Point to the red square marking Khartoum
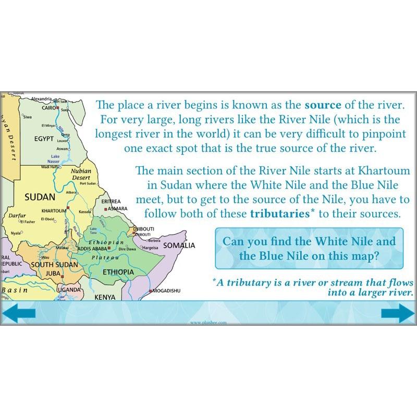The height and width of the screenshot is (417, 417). click(x=66, y=210)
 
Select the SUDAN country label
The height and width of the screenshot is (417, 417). click(x=40, y=197)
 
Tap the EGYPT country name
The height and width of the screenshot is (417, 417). click(x=44, y=140)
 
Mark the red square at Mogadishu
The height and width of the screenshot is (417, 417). click(x=151, y=290)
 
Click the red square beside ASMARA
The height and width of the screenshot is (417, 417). click(x=105, y=208)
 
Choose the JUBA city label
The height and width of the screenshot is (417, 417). click(x=54, y=273)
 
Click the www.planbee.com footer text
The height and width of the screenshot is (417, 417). click(x=208, y=323)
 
